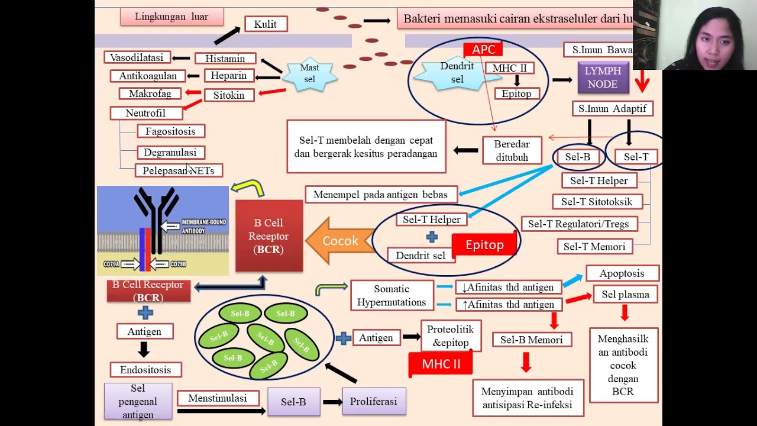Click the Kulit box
coord(266,24)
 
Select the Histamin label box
coord(225,59)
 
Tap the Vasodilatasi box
coord(137,57)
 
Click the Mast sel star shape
coord(310,74)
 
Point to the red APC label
coord(483,50)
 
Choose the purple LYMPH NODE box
coord(603,78)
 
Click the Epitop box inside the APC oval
coord(516,93)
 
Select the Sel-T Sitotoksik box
coord(597,202)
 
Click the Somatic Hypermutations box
coord(392,295)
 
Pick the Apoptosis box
coord(622,273)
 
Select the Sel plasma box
coord(625,294)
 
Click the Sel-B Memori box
coord(531,340)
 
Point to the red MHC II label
coord(441,364)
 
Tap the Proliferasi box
coord(373,401)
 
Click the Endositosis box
coord(145,370)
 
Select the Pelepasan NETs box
coord(179,170)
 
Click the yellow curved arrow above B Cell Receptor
coord(248,188)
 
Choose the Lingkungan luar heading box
coord(172,17)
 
